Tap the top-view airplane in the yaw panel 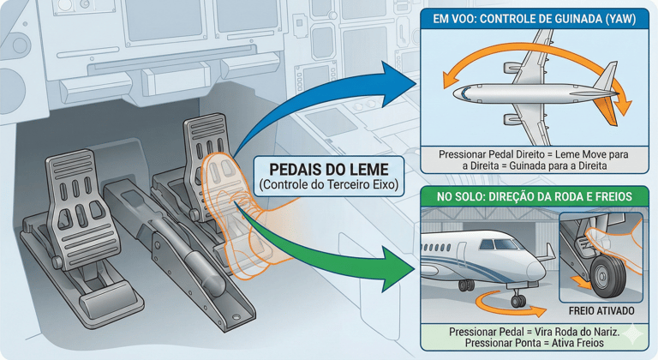pos(531,91)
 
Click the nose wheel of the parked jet pos(517,300)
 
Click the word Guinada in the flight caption pos(544,165)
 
